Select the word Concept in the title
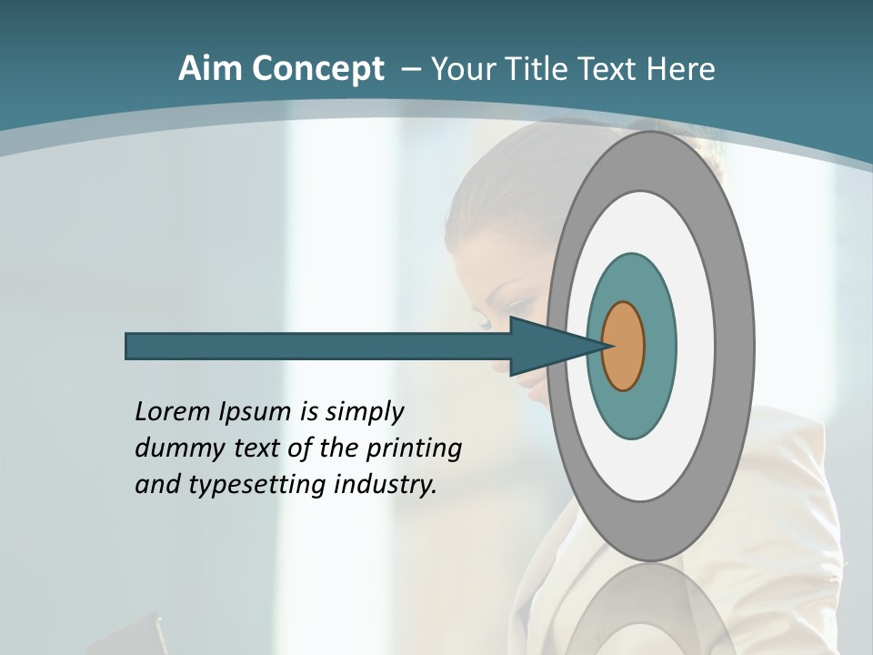[318, 69]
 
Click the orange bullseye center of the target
[624, 347]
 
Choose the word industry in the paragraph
[386, 484]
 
